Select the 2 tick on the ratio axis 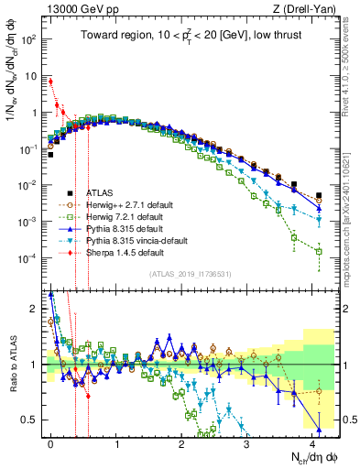click(34, 308)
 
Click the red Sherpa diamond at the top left click(50, 82)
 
